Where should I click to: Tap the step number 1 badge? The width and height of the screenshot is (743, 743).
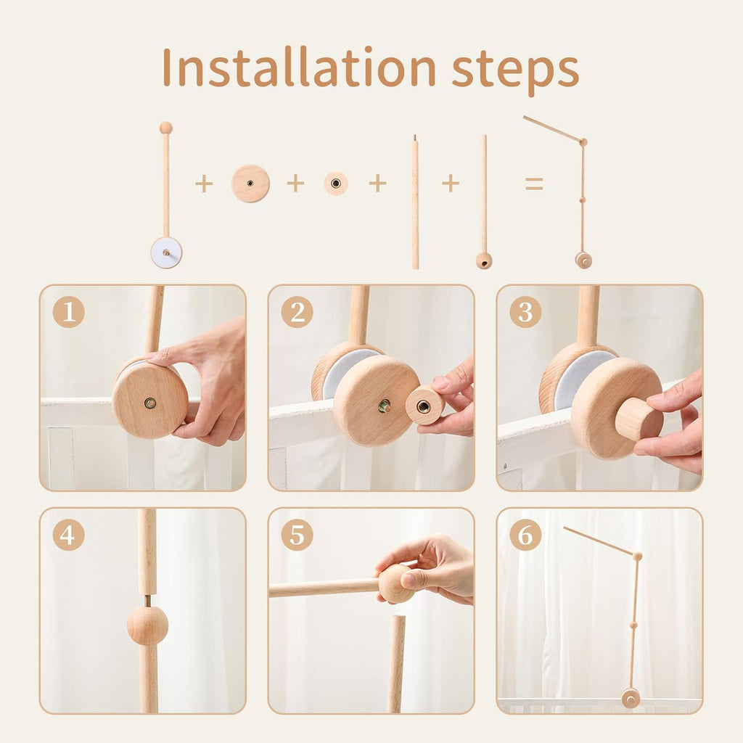click(69, 312)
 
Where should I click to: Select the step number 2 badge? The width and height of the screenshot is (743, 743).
click(297, 312)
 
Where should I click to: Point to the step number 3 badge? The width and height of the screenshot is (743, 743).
click(525, 312)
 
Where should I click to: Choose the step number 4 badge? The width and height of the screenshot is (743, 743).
click(69, 535)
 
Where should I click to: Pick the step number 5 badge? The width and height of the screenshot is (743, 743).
click(297, 535)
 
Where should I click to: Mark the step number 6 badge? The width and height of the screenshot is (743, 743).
click(525, 535)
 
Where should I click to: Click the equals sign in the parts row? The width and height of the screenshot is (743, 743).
click(534, 184)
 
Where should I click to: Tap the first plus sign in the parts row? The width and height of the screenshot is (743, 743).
click(204, 184)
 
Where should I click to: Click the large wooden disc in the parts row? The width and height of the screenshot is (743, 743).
click(250, 184)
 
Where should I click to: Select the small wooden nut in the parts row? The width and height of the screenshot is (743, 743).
click(336, 184)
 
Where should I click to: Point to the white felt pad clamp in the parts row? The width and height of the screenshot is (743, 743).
click(166, 253)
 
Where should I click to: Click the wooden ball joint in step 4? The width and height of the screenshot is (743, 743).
click(147, 625)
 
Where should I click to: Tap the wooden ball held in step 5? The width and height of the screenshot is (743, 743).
click(396, 583)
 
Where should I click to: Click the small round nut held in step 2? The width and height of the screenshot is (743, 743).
click(424, 406)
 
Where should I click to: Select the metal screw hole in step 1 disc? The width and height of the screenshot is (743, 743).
click(150, 402)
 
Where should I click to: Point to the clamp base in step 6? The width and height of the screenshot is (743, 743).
click(630, 698)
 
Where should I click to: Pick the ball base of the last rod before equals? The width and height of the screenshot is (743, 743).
click(484, 260)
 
